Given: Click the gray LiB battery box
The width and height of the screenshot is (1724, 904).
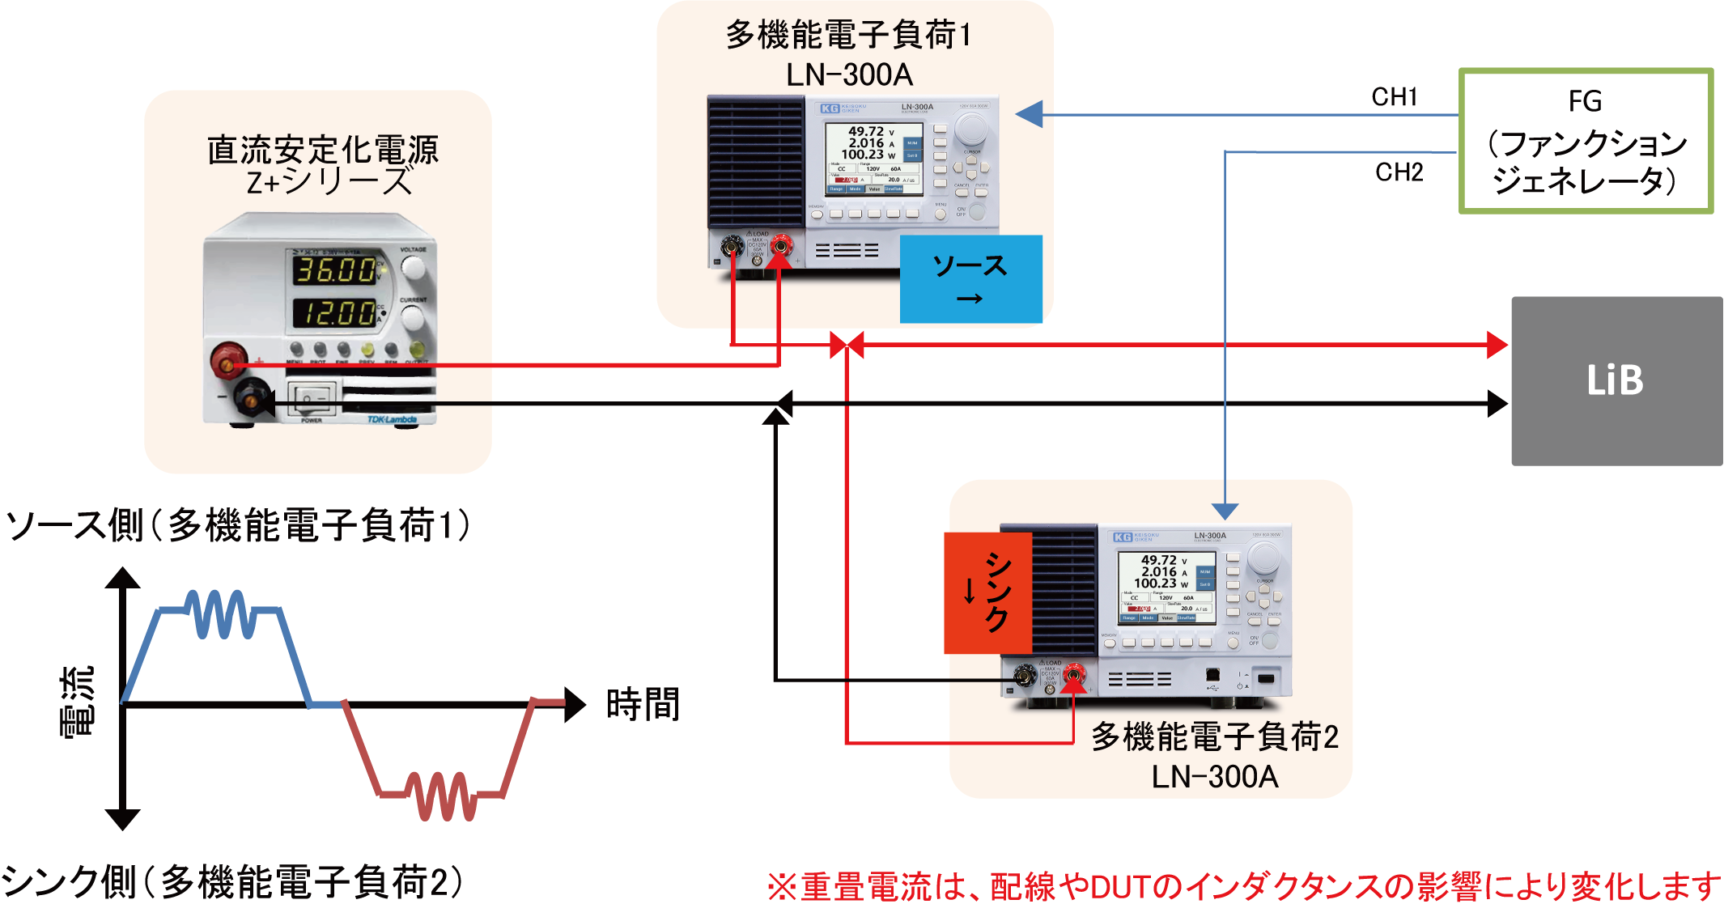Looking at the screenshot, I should [x=1616, y=380].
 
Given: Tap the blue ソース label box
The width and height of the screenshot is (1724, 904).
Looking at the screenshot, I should [x=970, y=279].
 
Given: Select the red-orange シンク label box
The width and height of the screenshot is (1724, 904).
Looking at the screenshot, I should [x=988, y=592].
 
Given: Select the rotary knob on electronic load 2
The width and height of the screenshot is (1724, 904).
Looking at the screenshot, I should [x=1263, y=558].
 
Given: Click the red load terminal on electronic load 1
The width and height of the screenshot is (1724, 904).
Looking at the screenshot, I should [x=780, y=245].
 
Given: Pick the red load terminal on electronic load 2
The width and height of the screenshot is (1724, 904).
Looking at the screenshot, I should [x=1073, y=674].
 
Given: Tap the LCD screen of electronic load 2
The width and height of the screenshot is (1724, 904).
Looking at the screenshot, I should [x=1166, y=587].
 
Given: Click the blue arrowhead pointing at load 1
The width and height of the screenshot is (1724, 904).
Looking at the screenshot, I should [x=1028, y=114].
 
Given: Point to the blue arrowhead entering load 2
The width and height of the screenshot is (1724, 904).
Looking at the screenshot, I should [x=1225, y=511].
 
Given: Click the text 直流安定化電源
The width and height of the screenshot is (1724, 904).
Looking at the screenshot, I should [x=323, y=150].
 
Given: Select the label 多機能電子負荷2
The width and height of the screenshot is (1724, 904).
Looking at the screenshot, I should [x=1214, y=736].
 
